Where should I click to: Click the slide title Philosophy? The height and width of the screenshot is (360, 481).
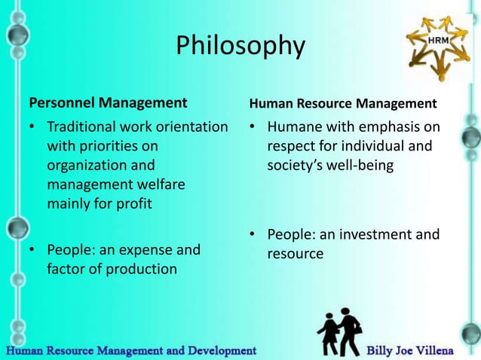[x=240, y=47]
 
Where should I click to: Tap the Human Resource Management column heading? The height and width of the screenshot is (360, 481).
[x=342, y=102]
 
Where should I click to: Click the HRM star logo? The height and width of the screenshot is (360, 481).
[x=438, y=46]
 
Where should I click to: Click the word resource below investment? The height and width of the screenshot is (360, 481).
[x=296, y=254]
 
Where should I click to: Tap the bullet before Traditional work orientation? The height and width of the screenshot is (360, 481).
[x=33, y=127]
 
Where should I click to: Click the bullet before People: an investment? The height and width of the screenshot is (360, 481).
[x=254, y=234]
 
